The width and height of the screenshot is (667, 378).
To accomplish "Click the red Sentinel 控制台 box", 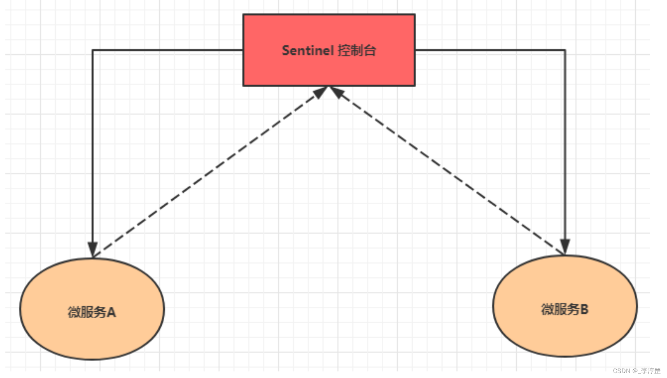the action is tap(329, 50).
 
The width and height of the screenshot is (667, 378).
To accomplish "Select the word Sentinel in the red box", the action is tap(308, 50).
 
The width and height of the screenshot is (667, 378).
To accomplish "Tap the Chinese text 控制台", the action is tap(357, 50).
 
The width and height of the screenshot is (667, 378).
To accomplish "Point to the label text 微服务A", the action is tap(92, 312).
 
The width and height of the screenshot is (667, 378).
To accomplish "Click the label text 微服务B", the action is tap(565, 309).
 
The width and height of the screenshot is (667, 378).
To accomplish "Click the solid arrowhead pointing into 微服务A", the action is tap(93, 250).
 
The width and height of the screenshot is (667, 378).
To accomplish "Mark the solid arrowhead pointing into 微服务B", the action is tap(565, 247).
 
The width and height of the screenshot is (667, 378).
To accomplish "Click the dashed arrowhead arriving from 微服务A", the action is tap(320, 92).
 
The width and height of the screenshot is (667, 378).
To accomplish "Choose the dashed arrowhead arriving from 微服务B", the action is tap(337, 92).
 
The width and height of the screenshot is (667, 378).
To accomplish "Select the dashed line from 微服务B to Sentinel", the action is tap(447, 171).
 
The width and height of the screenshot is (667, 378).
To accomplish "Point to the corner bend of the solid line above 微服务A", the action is tap(93, 50).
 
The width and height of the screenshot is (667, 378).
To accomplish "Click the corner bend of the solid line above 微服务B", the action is tap(565, 50).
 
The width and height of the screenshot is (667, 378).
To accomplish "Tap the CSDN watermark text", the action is tap(637, 371).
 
